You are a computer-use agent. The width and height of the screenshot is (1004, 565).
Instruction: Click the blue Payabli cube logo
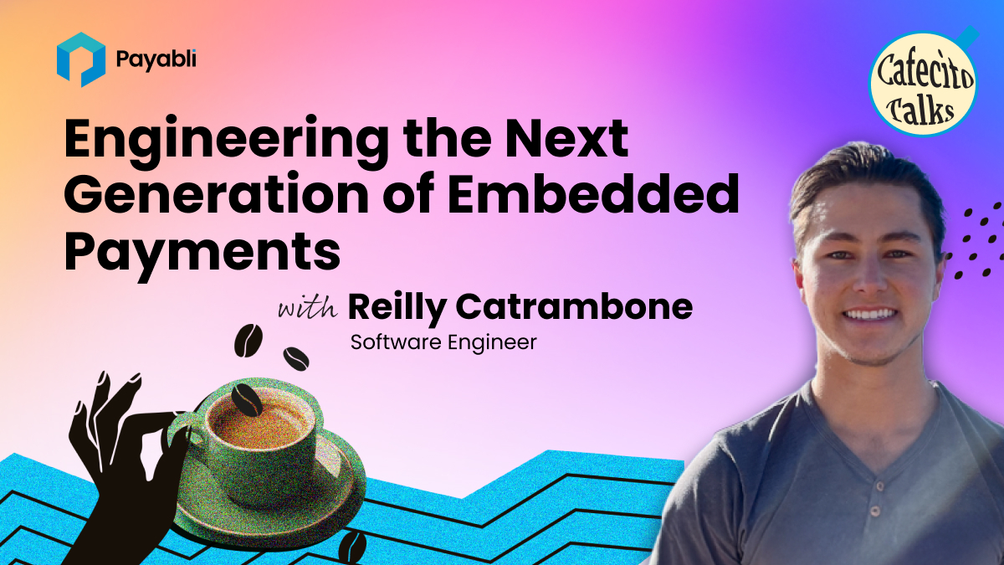(x=81, y=59)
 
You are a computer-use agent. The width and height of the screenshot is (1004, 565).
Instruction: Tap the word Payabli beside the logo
(x=156, y=60)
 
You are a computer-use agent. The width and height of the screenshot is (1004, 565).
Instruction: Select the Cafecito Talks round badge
(x=923, y=84)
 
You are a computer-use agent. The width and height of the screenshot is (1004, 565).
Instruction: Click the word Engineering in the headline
(x=227, y=141)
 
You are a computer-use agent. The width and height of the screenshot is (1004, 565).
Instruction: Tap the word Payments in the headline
(x=202, y=253)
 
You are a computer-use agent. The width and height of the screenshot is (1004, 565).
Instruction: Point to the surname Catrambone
(x=574, y=306)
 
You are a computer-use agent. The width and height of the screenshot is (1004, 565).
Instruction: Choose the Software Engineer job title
(x=443, y=342)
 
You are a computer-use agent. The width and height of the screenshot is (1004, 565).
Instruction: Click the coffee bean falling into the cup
(x=246, y=399)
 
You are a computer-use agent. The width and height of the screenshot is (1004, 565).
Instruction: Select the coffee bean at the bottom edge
(x=352, y=547)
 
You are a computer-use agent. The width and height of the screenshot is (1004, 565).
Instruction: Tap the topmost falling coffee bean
(x=248, y=341)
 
